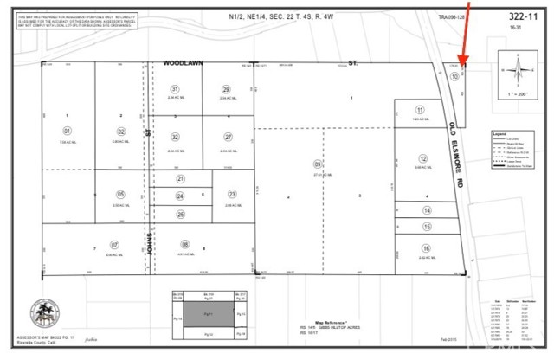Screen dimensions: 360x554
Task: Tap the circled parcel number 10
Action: click(454, 76)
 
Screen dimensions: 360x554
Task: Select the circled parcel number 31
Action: click(175, 89)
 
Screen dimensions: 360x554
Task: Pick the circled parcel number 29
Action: click(226, 89)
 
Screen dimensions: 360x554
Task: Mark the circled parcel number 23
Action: click(232, 195)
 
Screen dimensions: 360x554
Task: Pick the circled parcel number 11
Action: click(420, 110)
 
